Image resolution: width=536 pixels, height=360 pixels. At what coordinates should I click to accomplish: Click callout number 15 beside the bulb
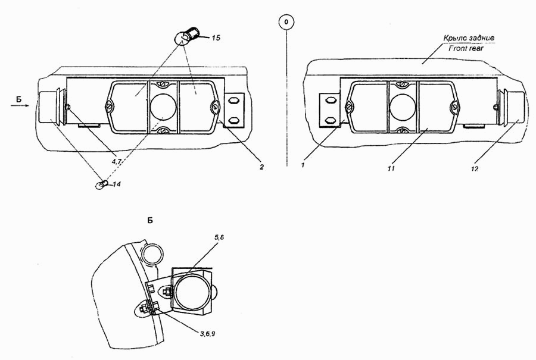[216, 37]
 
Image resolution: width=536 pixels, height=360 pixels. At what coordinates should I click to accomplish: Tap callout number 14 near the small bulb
[116, 184]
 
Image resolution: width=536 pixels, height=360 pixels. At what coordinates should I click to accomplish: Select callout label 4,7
[117, 162]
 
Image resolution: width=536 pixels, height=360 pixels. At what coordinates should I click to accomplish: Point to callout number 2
[261, 167]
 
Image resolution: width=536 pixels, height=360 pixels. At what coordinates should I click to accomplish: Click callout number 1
[303, 165]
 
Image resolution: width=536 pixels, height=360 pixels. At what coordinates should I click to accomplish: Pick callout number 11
[391, 168]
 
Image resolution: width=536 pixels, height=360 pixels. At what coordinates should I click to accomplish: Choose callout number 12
[474, 168]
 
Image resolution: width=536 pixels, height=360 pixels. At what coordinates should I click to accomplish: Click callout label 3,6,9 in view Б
[207, 333]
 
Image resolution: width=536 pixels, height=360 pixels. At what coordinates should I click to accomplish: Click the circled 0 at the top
[286, 22]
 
